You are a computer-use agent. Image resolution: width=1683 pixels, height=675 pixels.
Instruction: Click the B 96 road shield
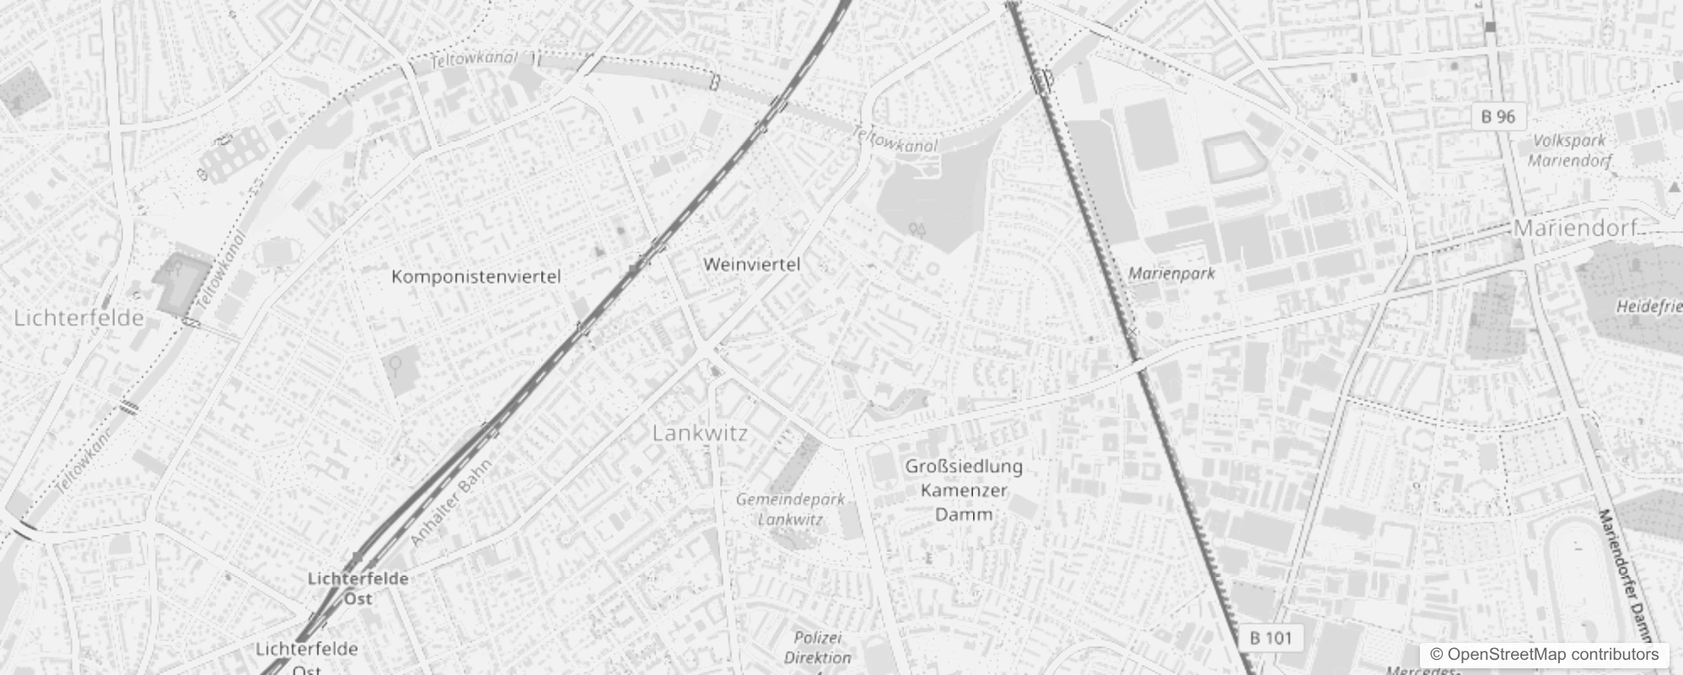[1498, 116]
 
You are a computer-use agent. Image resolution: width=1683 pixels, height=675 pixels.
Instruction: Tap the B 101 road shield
[1270, 638]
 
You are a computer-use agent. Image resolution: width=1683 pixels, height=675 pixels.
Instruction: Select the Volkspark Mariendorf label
[1569, 150]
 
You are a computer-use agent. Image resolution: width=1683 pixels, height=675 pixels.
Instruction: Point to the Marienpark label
[1171, 273]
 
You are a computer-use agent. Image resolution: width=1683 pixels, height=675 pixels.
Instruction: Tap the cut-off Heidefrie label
[1648, 307]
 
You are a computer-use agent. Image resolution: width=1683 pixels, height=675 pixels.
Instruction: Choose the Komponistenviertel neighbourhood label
[476, 277]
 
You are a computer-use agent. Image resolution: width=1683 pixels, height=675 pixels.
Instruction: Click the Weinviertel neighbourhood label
[751, 265]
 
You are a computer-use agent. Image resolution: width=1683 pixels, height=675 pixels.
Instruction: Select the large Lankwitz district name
[700, 434]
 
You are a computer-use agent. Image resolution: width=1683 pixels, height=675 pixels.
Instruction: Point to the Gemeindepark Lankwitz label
[790, 509]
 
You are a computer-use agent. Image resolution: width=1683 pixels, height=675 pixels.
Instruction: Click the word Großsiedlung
[964, 467]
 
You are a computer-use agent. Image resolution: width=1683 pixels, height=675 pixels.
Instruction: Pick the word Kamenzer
[964, 490]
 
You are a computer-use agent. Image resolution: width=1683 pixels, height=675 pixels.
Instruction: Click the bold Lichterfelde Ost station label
[358, 588]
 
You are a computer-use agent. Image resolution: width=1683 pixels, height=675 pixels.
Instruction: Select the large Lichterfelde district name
[79, 318]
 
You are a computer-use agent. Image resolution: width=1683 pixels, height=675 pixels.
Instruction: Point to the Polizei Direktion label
[817, 647]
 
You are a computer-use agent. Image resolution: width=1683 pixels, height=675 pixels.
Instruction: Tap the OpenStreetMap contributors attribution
[1544, 655]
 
